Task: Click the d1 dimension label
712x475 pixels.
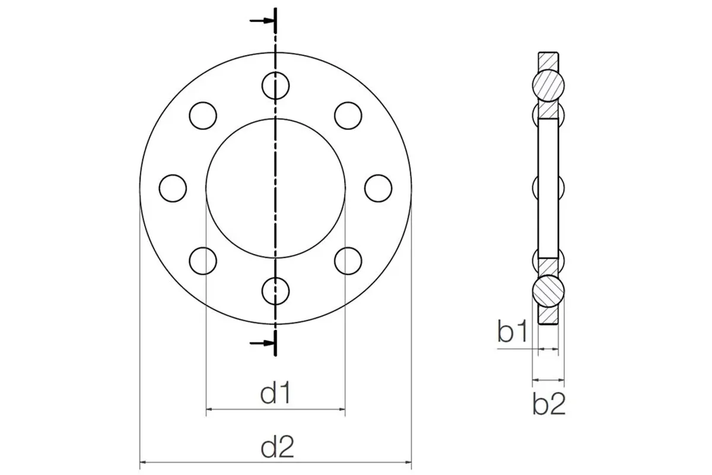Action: pos(275,393)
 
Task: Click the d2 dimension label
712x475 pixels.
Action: pos(277,447)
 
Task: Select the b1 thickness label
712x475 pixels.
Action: pos(513,331)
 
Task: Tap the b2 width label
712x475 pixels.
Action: pos(549,403)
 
